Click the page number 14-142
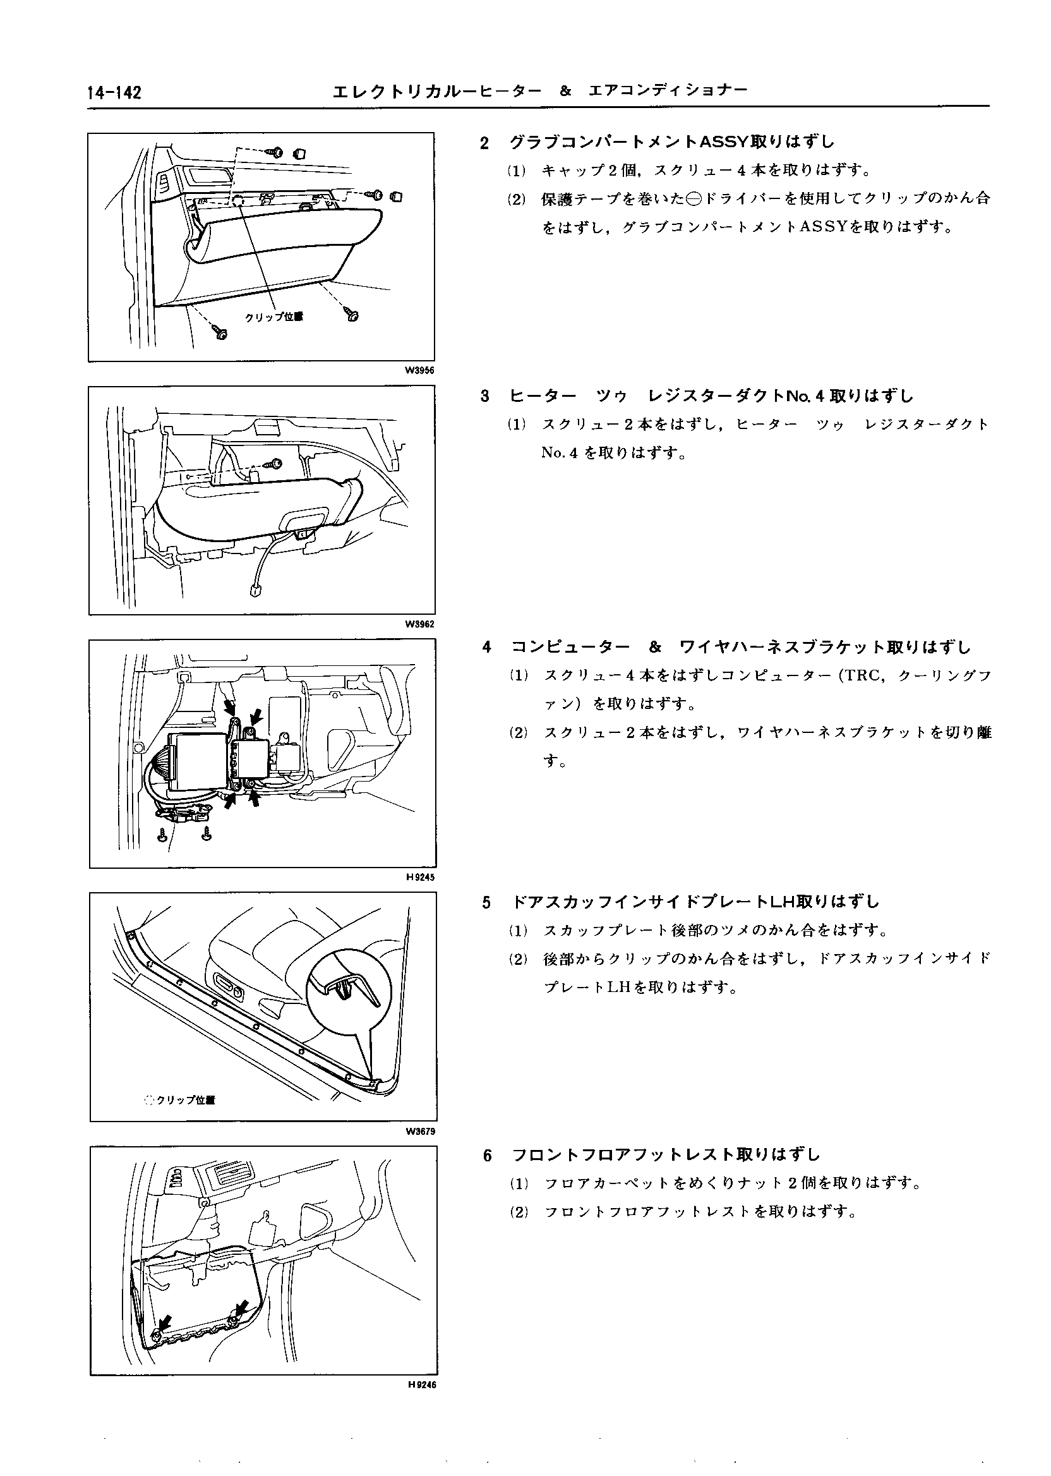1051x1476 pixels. coord(114,94)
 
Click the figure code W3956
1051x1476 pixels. coord(419,370)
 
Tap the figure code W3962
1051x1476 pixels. coord(419,624)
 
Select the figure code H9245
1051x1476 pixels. coord(421,877)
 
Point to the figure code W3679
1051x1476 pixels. coord(420,1132)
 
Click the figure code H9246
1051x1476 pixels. coord(421,1385)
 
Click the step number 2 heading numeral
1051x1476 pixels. coord(484,143)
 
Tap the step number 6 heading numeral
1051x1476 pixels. coord(488,1156)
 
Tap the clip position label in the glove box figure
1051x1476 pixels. coord(273,317)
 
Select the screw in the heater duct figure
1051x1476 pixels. coord(277,464)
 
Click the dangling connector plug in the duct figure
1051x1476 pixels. coord(255,590)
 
